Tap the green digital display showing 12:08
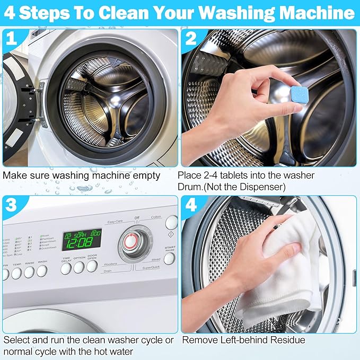pyautogui.click(x=82, y=239)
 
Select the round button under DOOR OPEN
pyautogui.click(x=92, y=267)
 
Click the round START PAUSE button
pyautogui.click(x=169, y=258)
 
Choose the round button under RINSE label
pyautogui.click(x=29, y=272)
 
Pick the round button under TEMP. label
pyautogui.click(x=16, y=273)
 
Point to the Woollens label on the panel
pyautogui.click(x=110, y=264)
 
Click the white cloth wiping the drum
pyautogui.click(x=289, y=276)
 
